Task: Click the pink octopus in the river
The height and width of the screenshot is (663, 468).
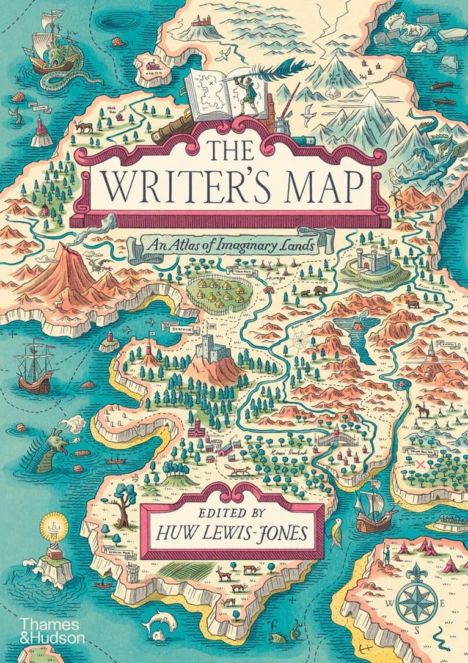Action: (401, 384)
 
